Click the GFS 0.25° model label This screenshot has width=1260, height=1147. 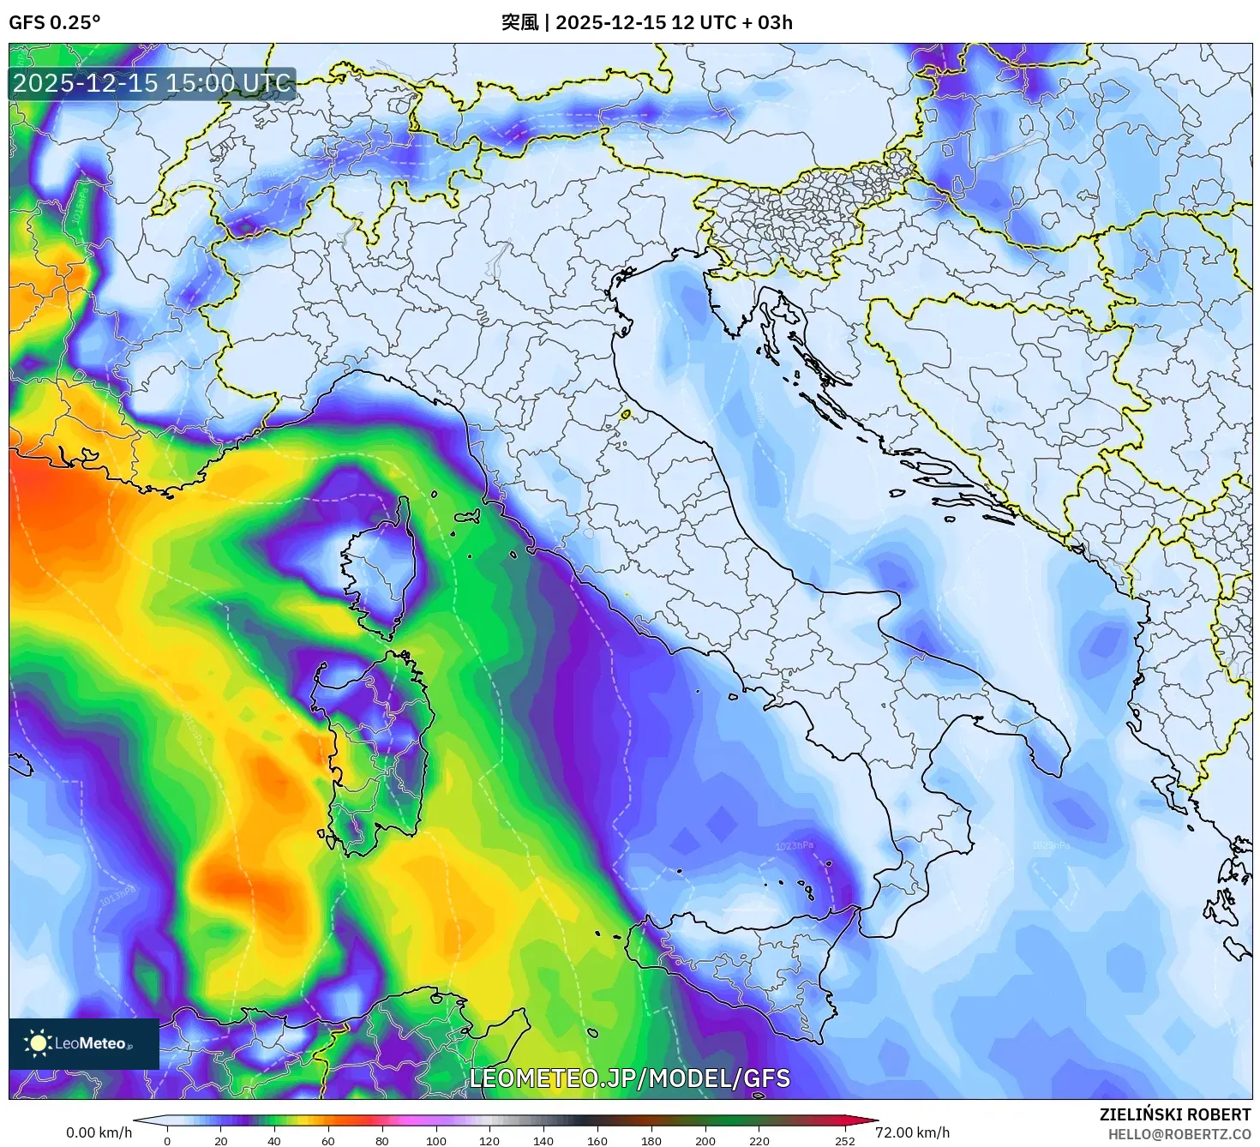(x=54, y=22)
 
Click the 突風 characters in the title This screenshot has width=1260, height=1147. (x=519, y=22)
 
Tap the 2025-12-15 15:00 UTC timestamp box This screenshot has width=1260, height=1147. (x=153, y=83)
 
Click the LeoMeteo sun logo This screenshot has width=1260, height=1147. (x=38, y=1043)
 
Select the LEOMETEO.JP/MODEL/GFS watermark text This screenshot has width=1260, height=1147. (x=629, y=1078)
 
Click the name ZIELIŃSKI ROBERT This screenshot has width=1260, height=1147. (x=1175, y=1114)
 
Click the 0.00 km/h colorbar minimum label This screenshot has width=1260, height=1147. (x=99, y=1132)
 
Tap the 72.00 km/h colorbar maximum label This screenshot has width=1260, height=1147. (x=912, y=1132)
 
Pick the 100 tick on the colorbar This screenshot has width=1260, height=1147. (x=435, y=1141)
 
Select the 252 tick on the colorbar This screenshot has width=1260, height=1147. (x=845, y=1141)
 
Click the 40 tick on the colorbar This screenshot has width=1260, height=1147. (x=274, y=1141)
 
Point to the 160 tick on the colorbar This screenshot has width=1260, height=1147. (x=597, y=1141)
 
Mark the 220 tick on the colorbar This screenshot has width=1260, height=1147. (x=759, y=1141)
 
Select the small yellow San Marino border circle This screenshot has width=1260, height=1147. (x=626, y=415)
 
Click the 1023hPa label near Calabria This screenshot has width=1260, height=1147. (x=794, y=847)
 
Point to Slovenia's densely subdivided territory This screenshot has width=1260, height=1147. (x=806, y=214)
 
